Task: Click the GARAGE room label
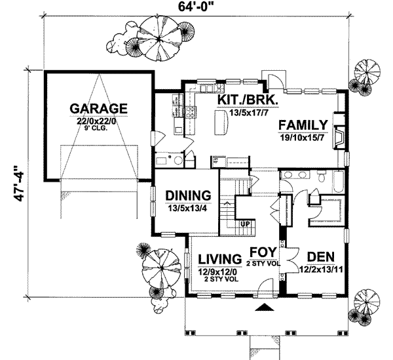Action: (x=99, y=108)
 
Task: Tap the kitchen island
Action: (x=220, y=122)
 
